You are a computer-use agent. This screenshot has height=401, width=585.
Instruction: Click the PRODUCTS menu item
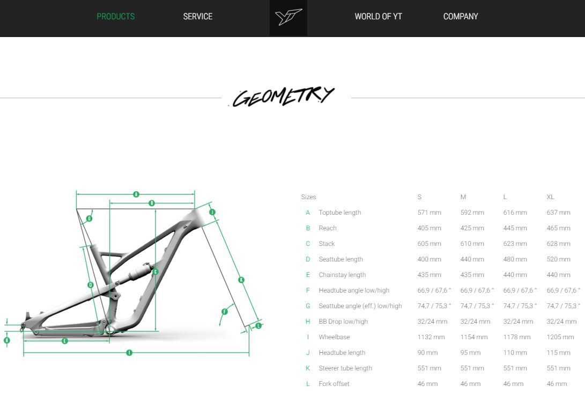(x=116, y=17)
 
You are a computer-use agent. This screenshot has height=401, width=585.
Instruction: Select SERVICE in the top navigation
(x=198, y=17)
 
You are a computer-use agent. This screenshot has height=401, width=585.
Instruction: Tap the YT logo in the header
(x=288, y=17)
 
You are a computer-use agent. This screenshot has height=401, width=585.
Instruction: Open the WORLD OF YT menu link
(x=379, y=17)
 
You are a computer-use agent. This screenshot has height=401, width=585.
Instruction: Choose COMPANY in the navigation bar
(x=461, y=17)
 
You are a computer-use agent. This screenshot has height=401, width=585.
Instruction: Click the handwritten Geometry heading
(x=284, y=97)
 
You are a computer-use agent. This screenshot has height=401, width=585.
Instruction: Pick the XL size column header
(x=550, y=197)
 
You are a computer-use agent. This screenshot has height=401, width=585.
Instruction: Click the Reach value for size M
(x=472, y=228)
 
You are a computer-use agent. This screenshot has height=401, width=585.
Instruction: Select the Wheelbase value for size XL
(x=560, y=337)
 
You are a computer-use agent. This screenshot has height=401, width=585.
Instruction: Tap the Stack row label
(x=327, y=244)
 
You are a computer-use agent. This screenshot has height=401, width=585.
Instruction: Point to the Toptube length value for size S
(x=429, y=213)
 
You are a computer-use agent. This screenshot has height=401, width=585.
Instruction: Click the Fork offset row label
(x=334, y=384)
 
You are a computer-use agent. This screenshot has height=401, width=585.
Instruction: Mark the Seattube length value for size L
(x=515, y=259)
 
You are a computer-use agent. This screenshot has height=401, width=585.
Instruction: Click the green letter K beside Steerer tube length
(x=308, y=368)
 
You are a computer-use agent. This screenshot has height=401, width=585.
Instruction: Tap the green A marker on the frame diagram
(x=136, y=194)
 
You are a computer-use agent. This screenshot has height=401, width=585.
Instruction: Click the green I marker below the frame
(x=129, y=353)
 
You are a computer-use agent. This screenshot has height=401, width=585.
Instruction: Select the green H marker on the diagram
(x=7, y=340)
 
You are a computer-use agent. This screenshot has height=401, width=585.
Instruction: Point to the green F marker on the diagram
(x=225, y=312)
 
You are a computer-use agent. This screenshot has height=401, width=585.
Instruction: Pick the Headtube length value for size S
(x=427, y=353)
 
